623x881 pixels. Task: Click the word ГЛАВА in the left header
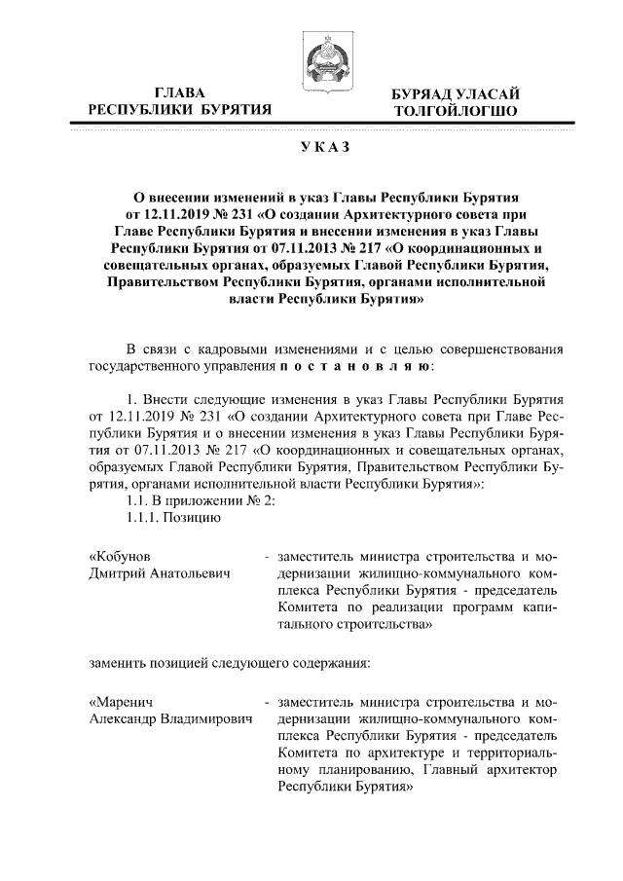tap(179, 92)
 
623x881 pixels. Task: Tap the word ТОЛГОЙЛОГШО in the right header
tap(449, 112)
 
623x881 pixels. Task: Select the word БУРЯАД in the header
tap(420, 93)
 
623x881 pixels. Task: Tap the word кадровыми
tap(246, 349)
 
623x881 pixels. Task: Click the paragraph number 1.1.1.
tap(150, 518)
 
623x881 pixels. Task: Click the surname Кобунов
tap(122, 556)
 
